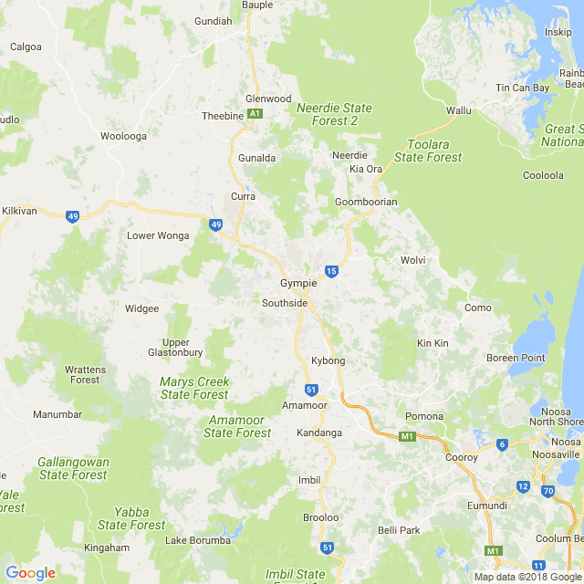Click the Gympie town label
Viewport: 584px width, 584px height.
point(298,283)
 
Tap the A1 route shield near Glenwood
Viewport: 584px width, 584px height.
point(255,114)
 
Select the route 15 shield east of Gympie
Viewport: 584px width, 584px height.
point(331,271)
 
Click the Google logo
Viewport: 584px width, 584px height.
point(30,573)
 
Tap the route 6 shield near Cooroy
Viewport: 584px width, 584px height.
point(502,444)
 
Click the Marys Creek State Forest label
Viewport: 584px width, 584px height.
point(193,388)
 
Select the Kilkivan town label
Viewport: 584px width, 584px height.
point(19,211)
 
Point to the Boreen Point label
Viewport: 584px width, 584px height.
point(516,358)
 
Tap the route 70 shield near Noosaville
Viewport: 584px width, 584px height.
point(547,491)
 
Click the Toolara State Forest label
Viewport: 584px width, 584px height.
point(428,151)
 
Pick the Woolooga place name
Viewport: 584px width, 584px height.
point(123,136)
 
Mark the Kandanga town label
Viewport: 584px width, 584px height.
point(318,433)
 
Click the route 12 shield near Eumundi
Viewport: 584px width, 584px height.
point(522,486)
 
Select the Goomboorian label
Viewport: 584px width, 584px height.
point(366,202)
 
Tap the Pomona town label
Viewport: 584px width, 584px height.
point(424,417)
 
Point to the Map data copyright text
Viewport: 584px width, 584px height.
point(527,577)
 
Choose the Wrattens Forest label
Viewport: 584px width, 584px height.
point(85,374)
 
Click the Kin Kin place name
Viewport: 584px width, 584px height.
point(433,343)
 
